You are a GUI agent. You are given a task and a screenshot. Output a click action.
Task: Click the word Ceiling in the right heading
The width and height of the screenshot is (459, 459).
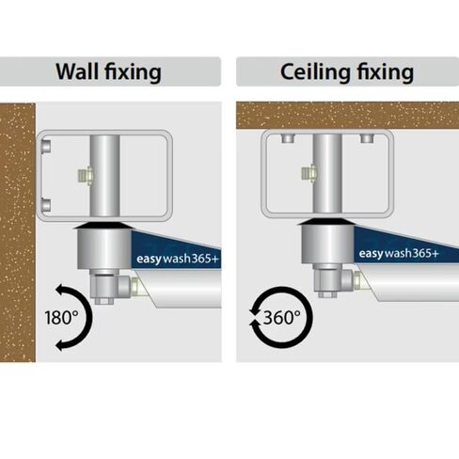[x=315, y=71]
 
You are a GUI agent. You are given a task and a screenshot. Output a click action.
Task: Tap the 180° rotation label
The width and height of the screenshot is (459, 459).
[x=62, y=317]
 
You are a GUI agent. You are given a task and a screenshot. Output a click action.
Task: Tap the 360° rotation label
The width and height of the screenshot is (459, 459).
[x=282, y=317]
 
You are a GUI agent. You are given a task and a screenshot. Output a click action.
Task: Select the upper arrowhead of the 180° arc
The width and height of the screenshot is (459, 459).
[x=60, y=290]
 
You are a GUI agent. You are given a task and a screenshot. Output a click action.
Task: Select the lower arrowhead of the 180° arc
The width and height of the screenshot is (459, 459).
[x=60, y=345]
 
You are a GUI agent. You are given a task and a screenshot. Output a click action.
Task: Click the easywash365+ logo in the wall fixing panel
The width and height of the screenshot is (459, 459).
[x=177, y=259]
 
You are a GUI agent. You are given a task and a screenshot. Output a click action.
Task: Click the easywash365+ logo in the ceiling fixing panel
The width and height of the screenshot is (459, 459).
[x=399, y=253]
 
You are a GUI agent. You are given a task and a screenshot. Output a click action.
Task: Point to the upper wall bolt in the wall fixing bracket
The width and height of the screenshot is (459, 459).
[x=46, y=146]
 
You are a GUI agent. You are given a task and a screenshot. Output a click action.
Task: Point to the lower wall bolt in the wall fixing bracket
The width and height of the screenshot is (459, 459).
[x=46, y=205]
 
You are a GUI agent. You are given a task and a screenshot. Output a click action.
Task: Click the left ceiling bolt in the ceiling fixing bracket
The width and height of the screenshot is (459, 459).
[x=288, y=138]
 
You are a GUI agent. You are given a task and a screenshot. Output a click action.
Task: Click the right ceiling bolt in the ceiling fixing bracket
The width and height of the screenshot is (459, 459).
[x=367, y=138]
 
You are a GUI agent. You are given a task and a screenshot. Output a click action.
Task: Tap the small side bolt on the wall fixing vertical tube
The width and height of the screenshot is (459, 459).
[x=86, y=175]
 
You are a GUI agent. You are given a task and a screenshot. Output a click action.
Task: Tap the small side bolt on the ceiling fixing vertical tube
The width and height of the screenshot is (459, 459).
[x=309, y=173]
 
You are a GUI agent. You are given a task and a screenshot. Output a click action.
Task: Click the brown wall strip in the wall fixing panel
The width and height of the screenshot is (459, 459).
[x=17, y=232]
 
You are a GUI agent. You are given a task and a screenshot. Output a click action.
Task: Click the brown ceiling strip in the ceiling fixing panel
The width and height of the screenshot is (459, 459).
[x=347, y=115]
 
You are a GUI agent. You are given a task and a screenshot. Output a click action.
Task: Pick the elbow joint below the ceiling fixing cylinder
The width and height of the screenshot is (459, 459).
[x=333, y=280]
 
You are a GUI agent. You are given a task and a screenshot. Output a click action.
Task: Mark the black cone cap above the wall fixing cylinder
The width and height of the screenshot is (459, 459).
[x=103, y=226]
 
